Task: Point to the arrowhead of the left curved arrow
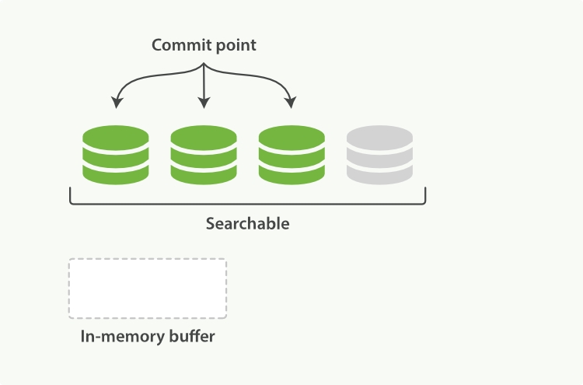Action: click(x=117, y=103)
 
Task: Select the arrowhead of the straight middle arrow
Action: click(x=204, y=103)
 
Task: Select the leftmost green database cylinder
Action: click(x=116, y=155)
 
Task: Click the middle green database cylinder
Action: click(x=204, y=155)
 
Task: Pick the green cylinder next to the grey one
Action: click(x=291, y=155)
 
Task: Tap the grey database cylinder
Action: click(x=379, y=155)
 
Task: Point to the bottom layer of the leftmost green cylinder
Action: click(x=116, y=175)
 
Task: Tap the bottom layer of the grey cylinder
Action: click(x=379, y=175)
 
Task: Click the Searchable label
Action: click(x=247, y=224)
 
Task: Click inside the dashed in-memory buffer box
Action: click(x=148, y=289)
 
